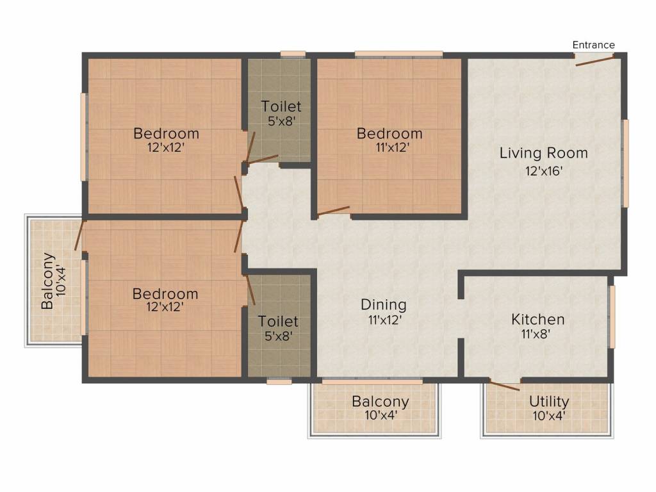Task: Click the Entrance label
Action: coord(593,45)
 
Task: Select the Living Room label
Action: coord(543,153)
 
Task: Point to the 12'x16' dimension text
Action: coord(544,170)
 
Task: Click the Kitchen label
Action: coord(537,320)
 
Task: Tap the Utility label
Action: coord(549,401)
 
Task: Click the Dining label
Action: coord(383,305)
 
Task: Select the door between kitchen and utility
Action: coord(505,385)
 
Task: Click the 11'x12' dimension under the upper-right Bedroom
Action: coord(392,147)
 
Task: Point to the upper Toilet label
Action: coord(281,106)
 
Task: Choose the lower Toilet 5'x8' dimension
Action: coord(278,336)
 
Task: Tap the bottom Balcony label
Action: coord(380,401)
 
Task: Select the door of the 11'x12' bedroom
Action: coord(333,211)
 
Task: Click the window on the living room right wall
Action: coord(625,163)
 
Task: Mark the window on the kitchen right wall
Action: coord(612,316)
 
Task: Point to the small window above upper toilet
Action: coord(293,54)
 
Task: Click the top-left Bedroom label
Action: coord(166,133)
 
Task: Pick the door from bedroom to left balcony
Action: coord(79,236)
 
